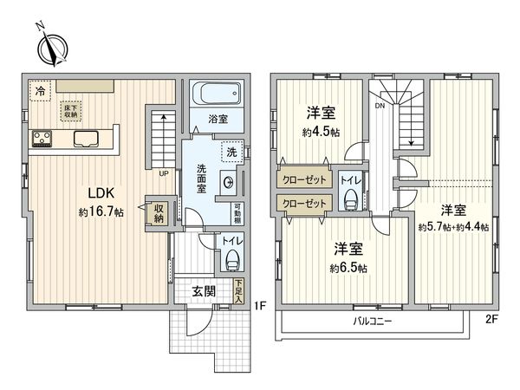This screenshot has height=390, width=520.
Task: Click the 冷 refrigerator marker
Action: click(40, 91)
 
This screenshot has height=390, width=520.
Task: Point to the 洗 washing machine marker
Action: click(231, 152)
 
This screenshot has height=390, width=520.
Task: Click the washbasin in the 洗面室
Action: click(229, 182)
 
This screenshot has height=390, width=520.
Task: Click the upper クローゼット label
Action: click(304, 181)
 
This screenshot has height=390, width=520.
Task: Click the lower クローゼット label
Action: click(304, 203)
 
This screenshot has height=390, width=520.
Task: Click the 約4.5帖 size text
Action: click(321, 133)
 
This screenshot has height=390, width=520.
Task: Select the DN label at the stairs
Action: click(380, 107)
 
